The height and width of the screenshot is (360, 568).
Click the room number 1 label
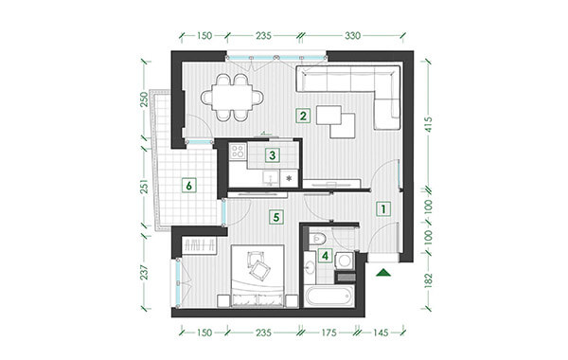coord(383,208)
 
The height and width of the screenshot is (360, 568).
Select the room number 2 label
coord(303,116)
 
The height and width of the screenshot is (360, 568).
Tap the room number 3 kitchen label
coord(272,155)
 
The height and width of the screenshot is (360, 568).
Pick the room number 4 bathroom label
coord(325,256)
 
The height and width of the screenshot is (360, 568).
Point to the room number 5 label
coord(276,217)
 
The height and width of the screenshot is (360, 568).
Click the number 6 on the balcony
coord(188,186)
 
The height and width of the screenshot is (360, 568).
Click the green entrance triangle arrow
coord(384,273)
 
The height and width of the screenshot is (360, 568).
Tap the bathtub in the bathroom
coord(329,296)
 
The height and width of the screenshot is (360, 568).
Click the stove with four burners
coord(238,151)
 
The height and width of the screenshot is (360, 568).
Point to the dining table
coord(232,98)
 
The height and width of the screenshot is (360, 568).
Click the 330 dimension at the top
coord(352,36)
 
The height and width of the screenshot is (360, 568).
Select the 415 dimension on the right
coord(428,124)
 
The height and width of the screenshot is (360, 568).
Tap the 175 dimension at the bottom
coord(328,333)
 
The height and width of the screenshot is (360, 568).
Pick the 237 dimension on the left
coord(145,272)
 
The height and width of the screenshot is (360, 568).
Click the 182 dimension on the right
coord(428,280)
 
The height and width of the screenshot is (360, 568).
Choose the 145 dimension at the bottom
coord(381,333)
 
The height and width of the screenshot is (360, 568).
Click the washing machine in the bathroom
coord(345,261)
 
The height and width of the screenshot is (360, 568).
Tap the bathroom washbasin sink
coord(310,267)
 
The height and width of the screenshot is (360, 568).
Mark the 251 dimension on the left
coord(145,186)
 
